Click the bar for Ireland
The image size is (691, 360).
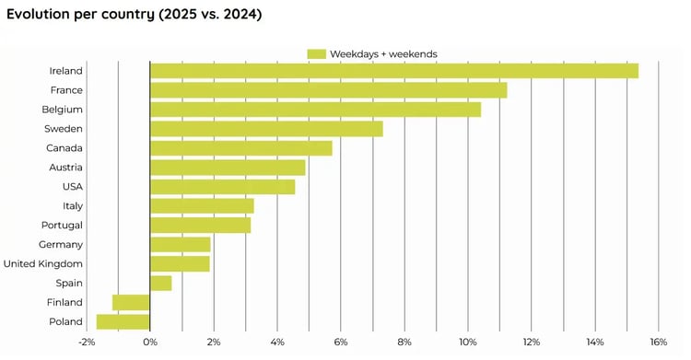[x=393, y=71]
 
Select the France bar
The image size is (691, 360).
[x=328, y=90]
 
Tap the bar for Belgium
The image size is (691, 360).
[x=315, y=110]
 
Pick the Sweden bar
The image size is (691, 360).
[x=266, y=129]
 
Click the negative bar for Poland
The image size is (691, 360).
[x=123, y=321]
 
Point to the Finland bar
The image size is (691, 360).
[x=131, y=302]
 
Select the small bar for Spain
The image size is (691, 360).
[x=161, y=283]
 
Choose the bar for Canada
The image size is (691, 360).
[x=240, y=148]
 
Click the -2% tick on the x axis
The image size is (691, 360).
[x=86, y=343]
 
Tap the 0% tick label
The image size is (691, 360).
[x=150, y=343]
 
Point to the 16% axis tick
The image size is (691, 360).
[x=658, y=343]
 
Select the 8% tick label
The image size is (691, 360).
[x=404, y=343]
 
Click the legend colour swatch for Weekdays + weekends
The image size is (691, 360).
[x=317, y=53]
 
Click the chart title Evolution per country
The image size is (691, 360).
[x=134, y=15]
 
